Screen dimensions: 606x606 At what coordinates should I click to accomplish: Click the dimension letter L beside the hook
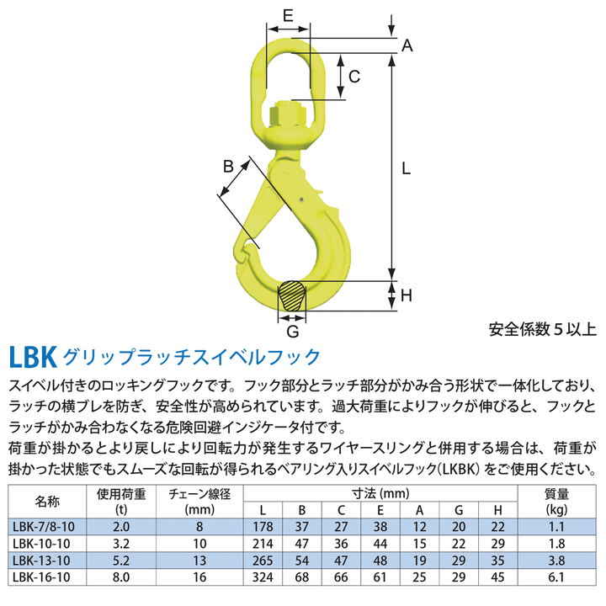point(406,168)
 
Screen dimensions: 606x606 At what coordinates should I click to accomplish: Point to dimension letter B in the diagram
point(228,167)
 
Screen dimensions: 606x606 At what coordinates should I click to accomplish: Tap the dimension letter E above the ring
point(287,15)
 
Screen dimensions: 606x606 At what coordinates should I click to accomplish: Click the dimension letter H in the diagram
point(406,295)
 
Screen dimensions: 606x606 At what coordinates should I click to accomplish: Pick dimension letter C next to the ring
point(354,77)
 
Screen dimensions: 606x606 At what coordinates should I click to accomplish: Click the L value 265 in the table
point(265,560)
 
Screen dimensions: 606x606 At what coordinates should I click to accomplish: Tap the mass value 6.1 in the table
point(556,577)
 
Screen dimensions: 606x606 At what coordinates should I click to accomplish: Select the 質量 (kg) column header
point(556,501)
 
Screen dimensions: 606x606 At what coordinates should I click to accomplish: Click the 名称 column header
point(47,501)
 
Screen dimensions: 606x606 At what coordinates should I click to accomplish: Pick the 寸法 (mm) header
point(381,492)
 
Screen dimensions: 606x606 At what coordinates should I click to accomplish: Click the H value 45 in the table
point(497,577)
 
